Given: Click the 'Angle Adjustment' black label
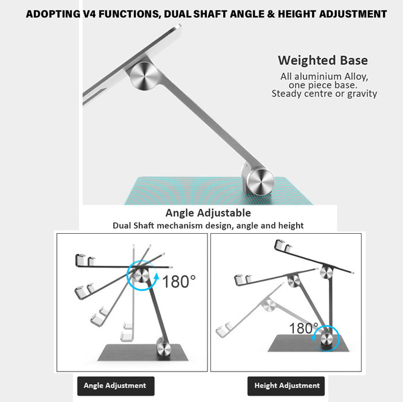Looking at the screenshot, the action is pyautogui.click(x=116, y=386).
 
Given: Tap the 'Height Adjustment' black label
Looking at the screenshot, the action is pyautogui.click(x=286, y=386).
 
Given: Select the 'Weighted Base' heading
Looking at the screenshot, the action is pyautogui.click(x=323, y=60).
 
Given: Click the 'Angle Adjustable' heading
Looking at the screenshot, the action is pyautogui.click(x=208, y=213).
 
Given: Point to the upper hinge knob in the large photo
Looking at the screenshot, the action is pyautogui.click(x=144, y=76).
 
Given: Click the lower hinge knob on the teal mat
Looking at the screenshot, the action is pyautogui.click(x=260, y=181).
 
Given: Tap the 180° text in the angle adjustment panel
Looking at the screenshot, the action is pyautogui.click(x=179, y=281).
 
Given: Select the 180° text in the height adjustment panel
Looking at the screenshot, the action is pyautogui.click(x=304, y=328).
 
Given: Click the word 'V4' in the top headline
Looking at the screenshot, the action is pyautogui.click(x=90, y=14).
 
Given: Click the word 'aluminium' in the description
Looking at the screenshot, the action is pyautogui.click(x=318, y=76).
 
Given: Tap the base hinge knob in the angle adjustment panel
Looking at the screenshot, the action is pyautogui.click(x=164, y=349).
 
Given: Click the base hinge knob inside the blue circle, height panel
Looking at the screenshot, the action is pyautogui.click(x=327, y=338).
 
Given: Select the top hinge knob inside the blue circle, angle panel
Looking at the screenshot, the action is pyautogui.click(x=141, y=276).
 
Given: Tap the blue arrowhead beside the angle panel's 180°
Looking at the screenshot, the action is pyautogui.click(x=156, y=276).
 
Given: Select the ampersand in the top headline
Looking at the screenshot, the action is pyautogui.click(x=271, y=14).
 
